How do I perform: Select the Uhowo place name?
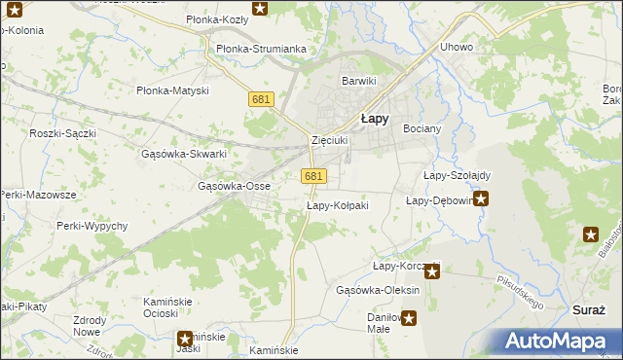457,47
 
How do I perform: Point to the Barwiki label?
357,81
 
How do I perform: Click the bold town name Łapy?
375,118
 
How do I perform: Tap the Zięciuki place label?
329,140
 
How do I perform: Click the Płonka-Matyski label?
172,90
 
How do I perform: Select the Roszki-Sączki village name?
61,133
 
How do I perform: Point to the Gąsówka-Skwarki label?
184,154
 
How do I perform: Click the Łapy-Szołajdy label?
457,175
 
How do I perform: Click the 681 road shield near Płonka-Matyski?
261,99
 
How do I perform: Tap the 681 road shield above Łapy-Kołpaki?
312,176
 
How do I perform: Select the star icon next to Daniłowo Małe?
410,317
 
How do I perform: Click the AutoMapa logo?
563,341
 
